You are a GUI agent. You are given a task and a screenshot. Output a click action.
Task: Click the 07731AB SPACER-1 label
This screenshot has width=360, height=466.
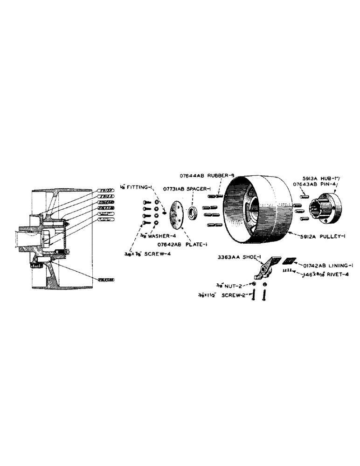[187, 188]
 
